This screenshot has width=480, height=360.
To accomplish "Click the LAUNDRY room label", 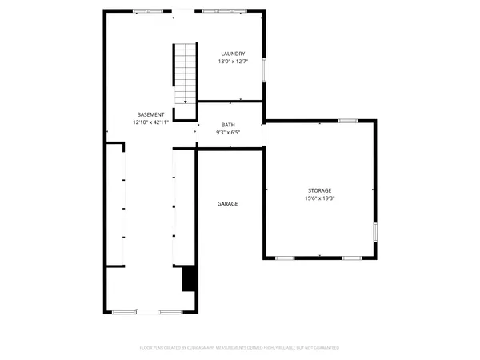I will coord(233,54).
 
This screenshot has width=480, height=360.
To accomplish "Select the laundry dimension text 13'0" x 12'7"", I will coord(233,62).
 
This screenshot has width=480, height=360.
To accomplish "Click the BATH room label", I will coord(228,125).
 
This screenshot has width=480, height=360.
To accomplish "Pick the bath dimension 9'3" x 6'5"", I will coord(228,133).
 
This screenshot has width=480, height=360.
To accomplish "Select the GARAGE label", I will coord(227,203).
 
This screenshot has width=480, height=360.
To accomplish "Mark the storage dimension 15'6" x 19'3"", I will coord(319,198).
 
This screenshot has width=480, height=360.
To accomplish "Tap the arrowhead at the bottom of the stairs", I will coord(186,101).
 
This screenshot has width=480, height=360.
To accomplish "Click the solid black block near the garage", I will coord(190,279).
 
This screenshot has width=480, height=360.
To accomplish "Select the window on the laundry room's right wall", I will coord(264,70).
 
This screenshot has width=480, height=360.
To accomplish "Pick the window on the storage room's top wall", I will coord(347,121).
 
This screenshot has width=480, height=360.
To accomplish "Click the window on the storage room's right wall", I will coord(374,233).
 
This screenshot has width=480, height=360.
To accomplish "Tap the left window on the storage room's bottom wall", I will coord(285,258).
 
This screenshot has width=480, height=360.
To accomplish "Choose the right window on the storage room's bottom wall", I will coord(352,258).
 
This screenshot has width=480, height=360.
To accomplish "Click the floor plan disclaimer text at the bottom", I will coord(239,348).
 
